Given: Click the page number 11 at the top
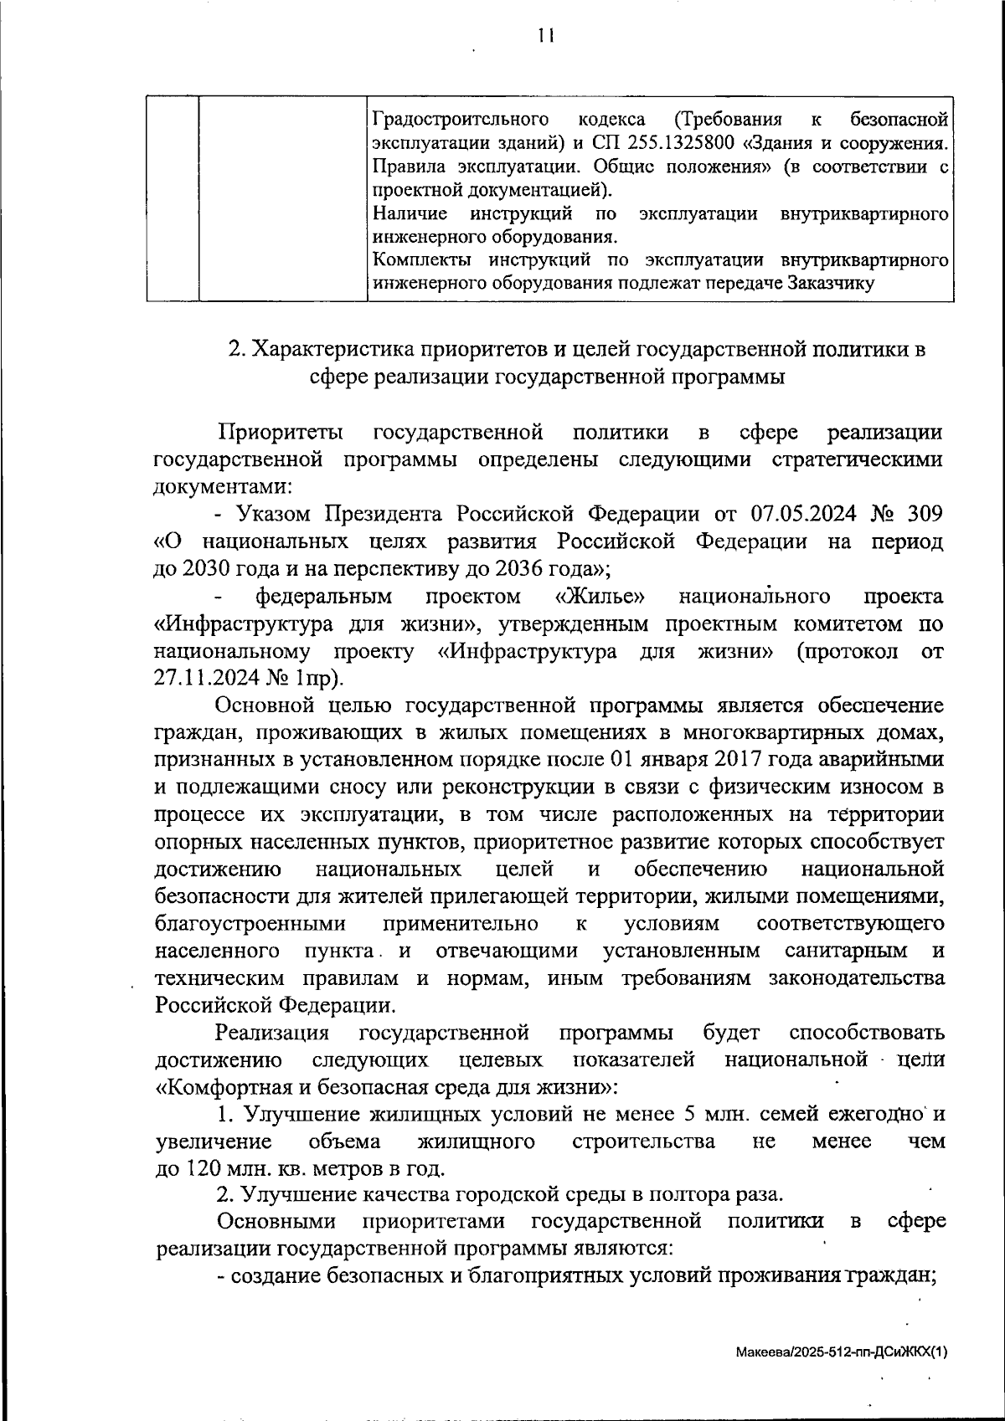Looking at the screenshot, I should (546, 35).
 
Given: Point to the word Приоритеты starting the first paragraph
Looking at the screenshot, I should (280, 433).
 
